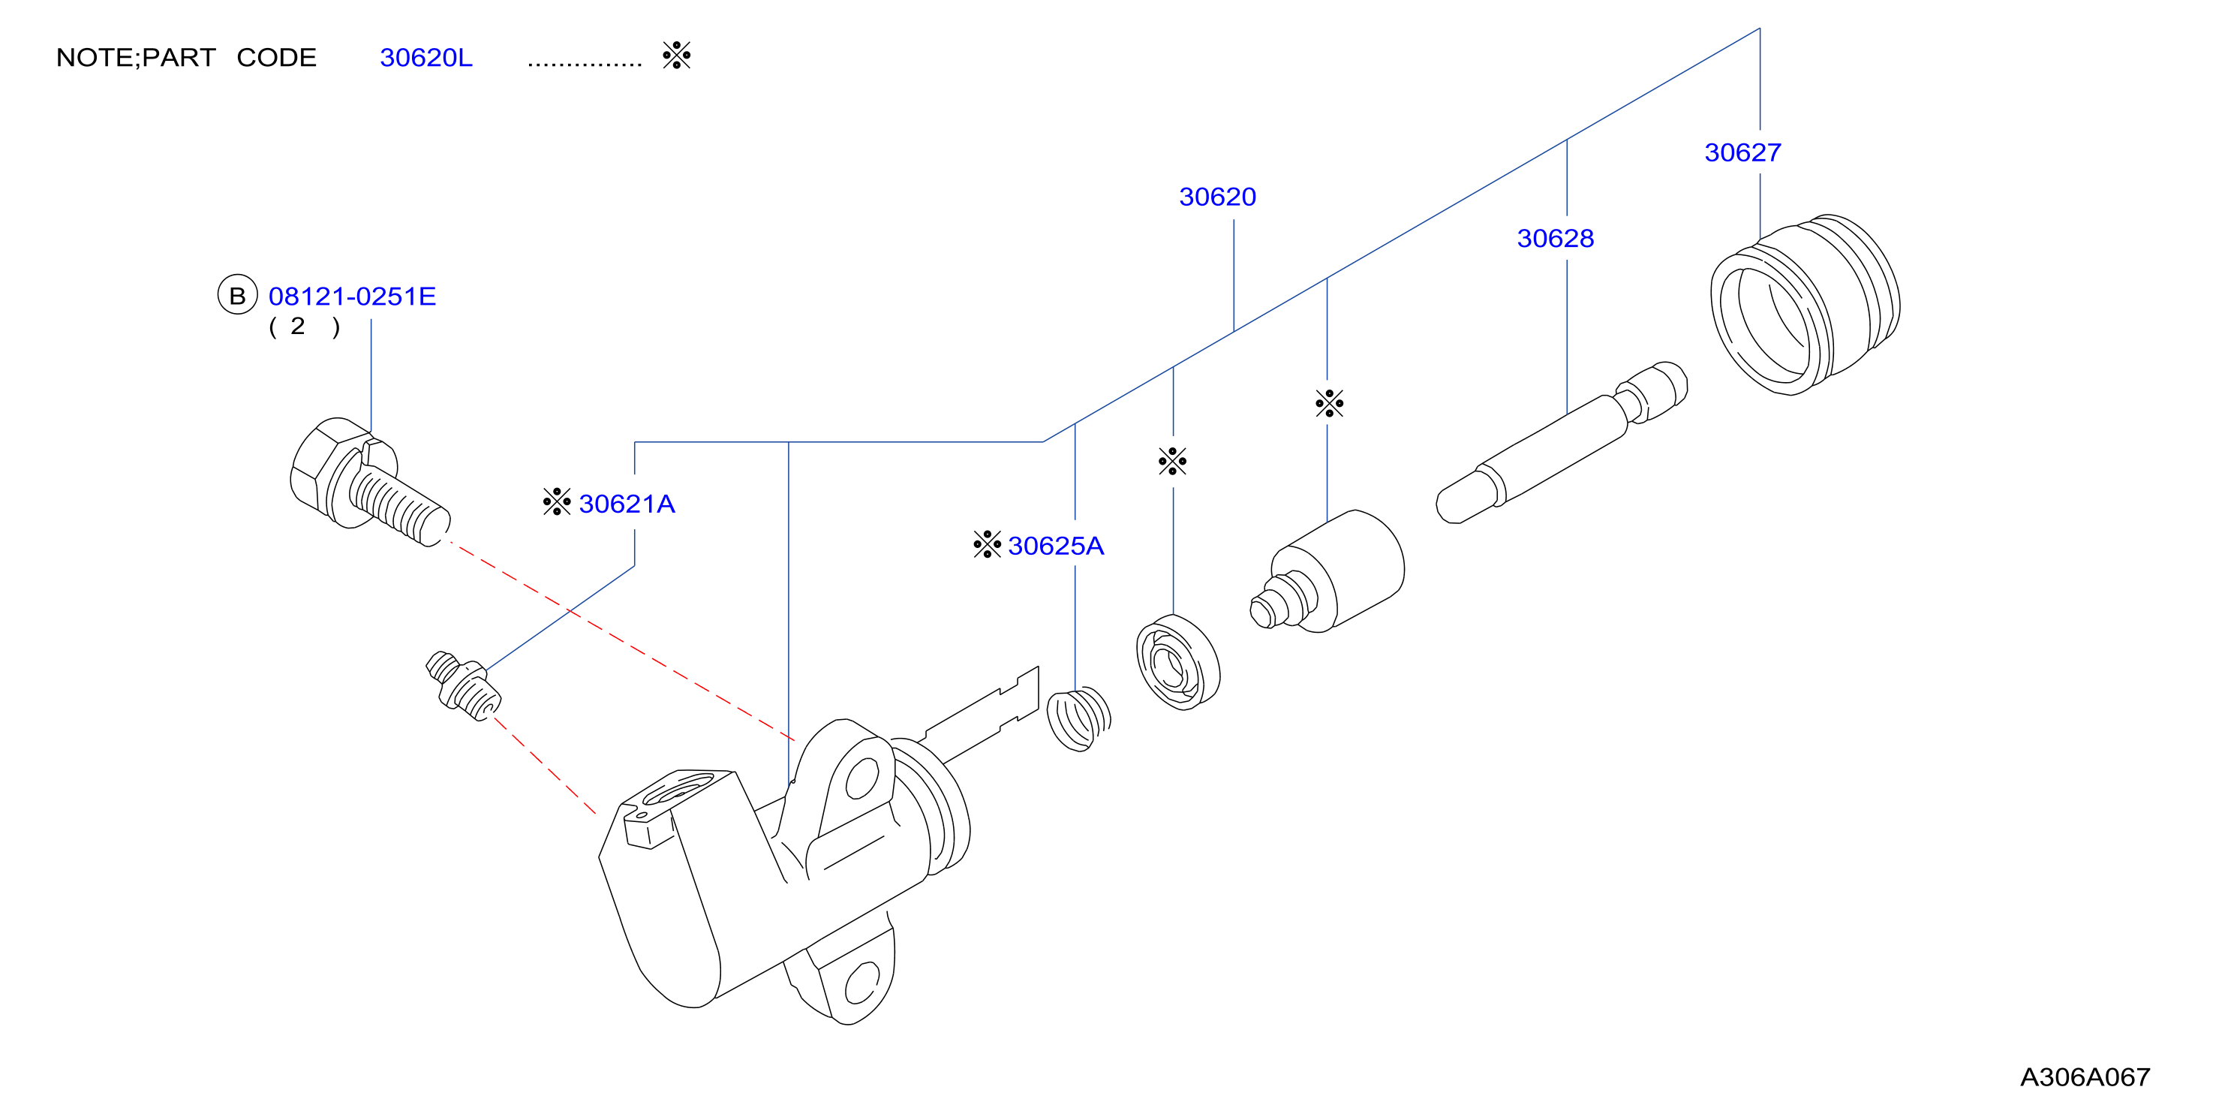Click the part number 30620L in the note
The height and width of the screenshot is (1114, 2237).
pyautogui.click(x=425, y=57)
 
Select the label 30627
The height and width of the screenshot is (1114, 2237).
pyautogui.click(x=1743, y=153)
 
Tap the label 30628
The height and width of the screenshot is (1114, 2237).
pyautogui.click(x=1556, y=238)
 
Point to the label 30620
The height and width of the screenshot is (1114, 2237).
pyautogui.click(x=1217, y=197)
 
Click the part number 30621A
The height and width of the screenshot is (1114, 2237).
pyautogui.click(x=627, y=504)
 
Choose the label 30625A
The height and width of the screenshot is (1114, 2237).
pyautogui.click(x=1056, y=546)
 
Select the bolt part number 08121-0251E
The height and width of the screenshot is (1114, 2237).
pyautogui.click(x=352, y=297)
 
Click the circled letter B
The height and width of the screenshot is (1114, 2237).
pyautogui.click(x=237, y=296)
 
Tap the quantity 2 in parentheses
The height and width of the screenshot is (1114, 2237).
pyautogui.click(x=298, y=326)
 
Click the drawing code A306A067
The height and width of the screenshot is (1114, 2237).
pyautogui.click(x=2085, y=1077)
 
